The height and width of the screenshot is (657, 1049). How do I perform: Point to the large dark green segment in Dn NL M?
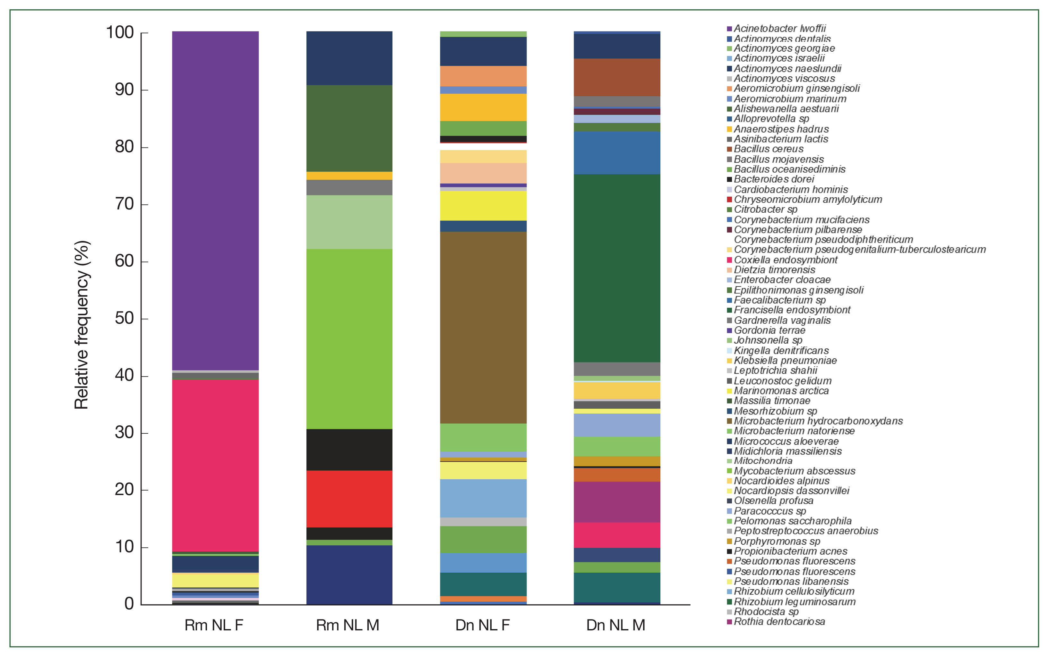click(x=617, y=268)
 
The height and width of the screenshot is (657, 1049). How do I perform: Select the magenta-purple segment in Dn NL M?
click(x=617, y=502)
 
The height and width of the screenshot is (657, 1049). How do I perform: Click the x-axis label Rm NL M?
click(x=348, y=625)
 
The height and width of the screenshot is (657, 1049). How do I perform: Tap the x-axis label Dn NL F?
click(x=482, y=625)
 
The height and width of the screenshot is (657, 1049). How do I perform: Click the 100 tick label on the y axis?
click(x=120, y=33)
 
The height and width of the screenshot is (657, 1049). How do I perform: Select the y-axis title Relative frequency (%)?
click(x=82, y=325)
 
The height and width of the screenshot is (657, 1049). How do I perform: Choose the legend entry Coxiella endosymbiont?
click(x=785, y=260)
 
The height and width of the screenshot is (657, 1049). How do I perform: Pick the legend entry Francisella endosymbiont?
click(x=792, y=310)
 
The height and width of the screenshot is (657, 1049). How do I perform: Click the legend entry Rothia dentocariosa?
click(x=779, y=621)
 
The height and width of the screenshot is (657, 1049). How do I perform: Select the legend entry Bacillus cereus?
click(x=768, y=149)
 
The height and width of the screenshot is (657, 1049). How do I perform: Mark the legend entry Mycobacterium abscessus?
click(x=794, y=471)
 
